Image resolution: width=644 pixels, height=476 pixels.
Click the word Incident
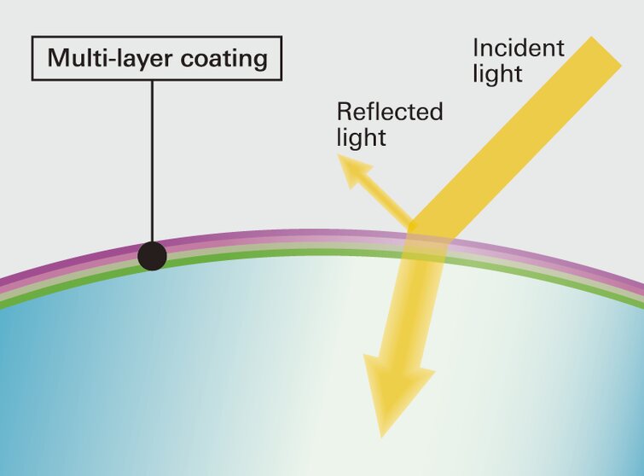(518, 48)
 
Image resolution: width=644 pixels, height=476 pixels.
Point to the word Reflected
(390, 112)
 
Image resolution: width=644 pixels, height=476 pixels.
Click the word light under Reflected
(362, 137)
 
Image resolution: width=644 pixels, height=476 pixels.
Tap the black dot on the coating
(152, 256)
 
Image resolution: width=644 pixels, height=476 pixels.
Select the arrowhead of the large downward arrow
(397, 392)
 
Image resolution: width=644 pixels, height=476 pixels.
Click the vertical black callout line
(152, 162)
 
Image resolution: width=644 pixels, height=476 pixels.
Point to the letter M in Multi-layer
(57, 59)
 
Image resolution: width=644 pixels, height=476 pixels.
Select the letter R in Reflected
(344, 112)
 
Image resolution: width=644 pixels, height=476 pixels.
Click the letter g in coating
(258, 62)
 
